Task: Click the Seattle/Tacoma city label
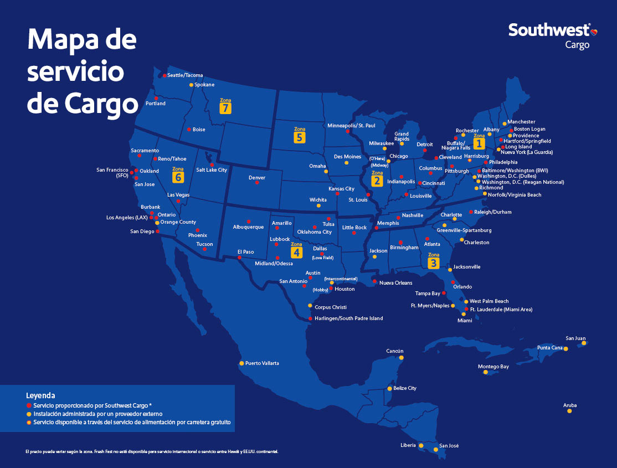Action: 185,75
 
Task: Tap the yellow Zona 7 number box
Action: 225,108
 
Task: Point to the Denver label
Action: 257,178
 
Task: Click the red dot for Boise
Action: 189,130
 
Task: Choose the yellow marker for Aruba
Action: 569,411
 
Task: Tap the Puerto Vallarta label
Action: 262,363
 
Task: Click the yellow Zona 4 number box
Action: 297,253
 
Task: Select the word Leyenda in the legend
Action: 40,395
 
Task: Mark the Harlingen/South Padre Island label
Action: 348,318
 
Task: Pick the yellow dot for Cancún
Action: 401,358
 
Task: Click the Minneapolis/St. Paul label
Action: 351,125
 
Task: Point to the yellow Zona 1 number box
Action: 479,143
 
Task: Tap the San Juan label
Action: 575,338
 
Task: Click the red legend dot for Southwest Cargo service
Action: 29,405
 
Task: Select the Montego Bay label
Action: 493,367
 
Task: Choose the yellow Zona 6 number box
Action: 178,177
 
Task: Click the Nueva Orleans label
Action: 395,283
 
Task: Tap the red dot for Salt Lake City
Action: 211,164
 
